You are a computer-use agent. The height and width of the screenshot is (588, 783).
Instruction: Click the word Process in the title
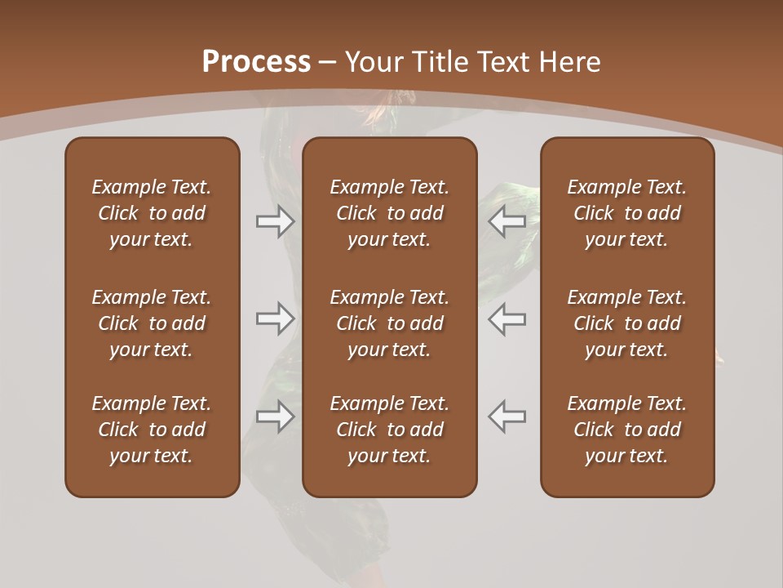pyautogui.click(x=256, y=62)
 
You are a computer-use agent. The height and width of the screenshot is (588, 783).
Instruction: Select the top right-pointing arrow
pyautogui.click(x=275, y=221)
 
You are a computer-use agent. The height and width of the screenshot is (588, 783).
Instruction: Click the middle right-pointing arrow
pyautogui.click(x=275, y=318)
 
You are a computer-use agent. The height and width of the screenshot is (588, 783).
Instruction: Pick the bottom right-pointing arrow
pyautogui.click(x=275, y=416)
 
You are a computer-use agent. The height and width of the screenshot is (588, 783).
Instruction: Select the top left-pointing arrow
pyautogui.click(x=507, y=221)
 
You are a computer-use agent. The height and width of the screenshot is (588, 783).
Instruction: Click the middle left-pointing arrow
pyautogui.click(x=507, y=318)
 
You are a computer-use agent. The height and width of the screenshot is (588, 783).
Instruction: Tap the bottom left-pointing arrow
pyautogui.click(x=507, y=416)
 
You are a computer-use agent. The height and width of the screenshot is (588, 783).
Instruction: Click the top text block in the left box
pyautogui.click(x=152, y=213)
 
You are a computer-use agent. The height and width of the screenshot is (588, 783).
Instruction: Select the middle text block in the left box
pyautogui.click(x=152, y=323)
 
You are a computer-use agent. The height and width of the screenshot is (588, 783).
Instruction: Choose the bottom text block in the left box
pyautogui.click(x=152, y=430)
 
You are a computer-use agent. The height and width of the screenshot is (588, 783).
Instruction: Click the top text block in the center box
pyautogui.click(x=389, y=213)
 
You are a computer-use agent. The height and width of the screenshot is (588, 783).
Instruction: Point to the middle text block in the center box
pyautogui.click(x=389, y=323)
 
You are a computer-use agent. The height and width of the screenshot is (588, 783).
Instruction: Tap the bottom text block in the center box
pyautogui.click(x=389, y=430)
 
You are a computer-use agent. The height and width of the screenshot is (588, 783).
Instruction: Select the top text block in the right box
pyautogui.click(x=626, y=213)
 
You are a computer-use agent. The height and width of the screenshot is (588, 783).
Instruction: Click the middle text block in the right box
pyautogui.click(x=626, y=323)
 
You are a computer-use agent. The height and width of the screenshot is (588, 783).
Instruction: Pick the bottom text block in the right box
pyautogui.click(x=626, y=430)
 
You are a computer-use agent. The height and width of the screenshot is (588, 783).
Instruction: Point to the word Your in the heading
pyautogui.click(x=376, y=62)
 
